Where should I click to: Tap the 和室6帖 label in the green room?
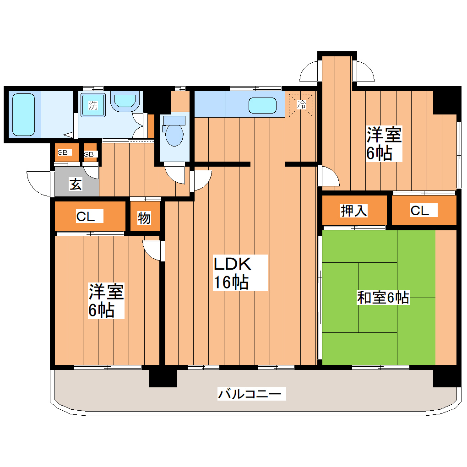point(383,298)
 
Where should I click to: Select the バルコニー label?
point(252,393)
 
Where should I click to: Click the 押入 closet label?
point(353,211)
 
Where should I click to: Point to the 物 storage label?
point(144,218)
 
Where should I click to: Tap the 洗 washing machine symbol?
point(93,105)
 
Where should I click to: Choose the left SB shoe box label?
point(62,152)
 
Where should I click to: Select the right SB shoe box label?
point(90,154)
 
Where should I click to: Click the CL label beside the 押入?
point(420,211)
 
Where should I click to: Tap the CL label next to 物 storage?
point(86,217)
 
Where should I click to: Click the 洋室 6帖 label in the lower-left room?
point(106,301)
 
